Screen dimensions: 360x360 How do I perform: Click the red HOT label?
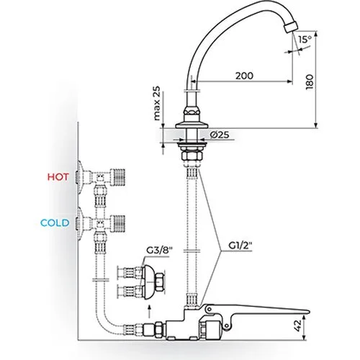58,177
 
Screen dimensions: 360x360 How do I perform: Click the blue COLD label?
55,223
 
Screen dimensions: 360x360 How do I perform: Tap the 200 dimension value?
244,76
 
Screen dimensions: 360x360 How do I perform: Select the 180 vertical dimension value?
310,82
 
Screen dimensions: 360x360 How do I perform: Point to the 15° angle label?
305,39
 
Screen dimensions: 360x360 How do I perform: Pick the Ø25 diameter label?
220,135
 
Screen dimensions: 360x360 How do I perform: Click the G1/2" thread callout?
240,246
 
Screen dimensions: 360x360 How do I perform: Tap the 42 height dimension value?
297,326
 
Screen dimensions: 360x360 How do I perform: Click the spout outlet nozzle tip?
290,27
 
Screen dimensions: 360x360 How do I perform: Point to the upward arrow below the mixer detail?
149,311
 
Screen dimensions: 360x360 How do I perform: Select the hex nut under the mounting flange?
192,156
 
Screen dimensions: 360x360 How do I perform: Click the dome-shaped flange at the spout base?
192,125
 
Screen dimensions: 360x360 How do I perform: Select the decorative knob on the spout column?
192,112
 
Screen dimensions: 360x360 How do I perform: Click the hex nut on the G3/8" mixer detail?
160,283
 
